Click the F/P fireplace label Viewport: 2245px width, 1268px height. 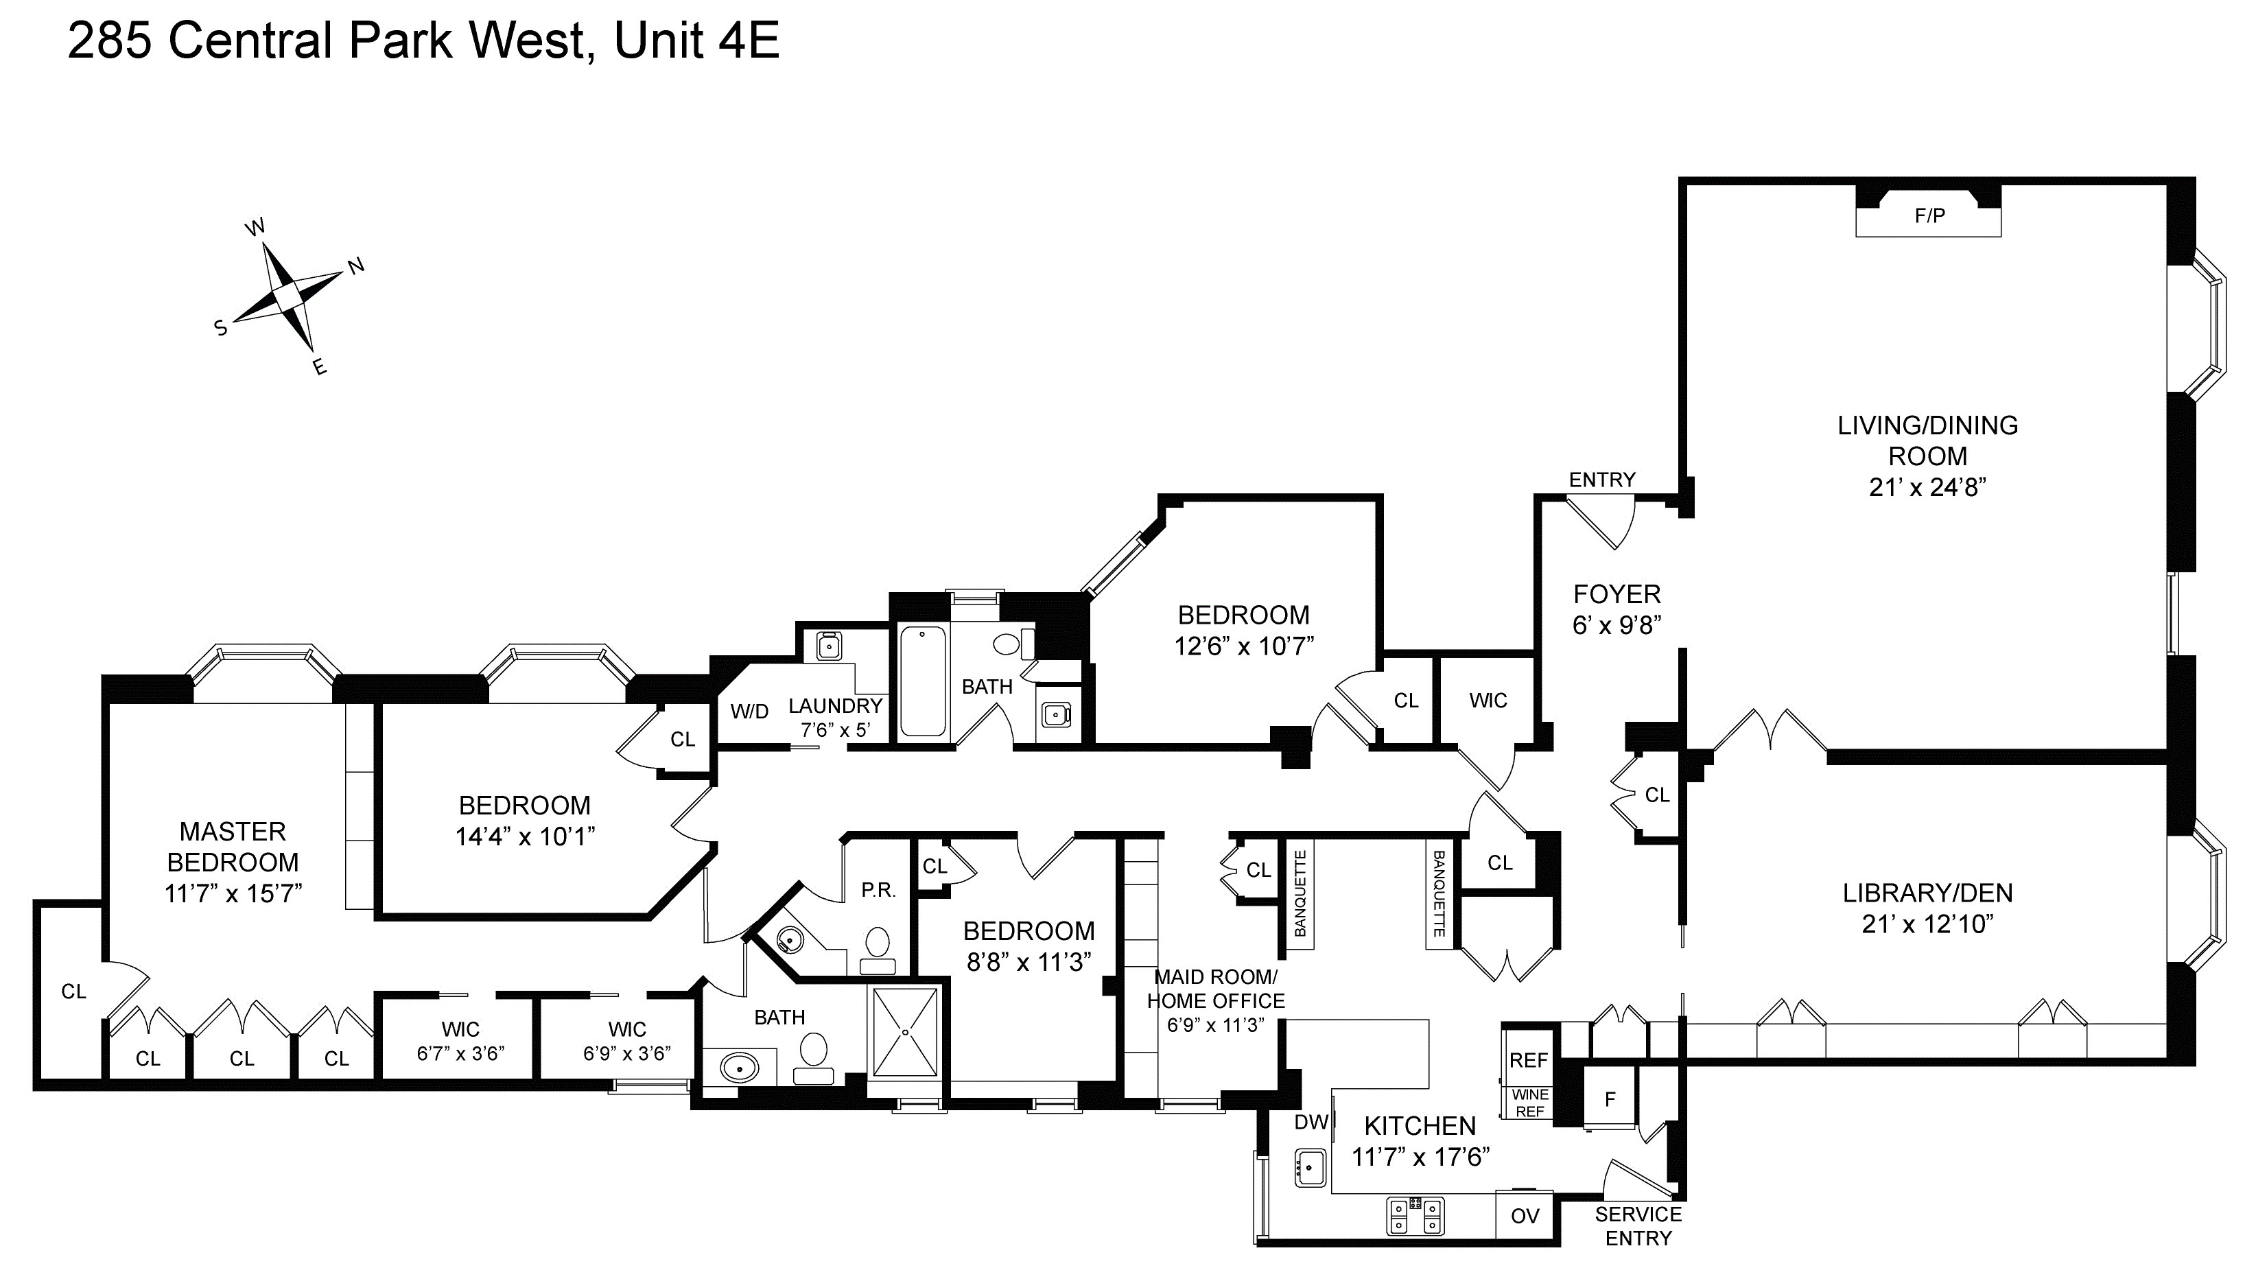tap(1929, 215)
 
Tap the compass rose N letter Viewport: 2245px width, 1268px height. tap(357, 266)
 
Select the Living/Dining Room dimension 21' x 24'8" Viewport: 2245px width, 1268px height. tap(1927, 487)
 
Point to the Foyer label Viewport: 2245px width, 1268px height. tap(1617, 594)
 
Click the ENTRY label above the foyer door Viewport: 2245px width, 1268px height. tap(1602, 480)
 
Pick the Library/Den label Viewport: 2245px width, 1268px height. tap(1927, 893)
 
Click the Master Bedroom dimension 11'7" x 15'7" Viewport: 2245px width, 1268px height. tap(233, 893)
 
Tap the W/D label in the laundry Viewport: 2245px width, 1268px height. tap(749, 711)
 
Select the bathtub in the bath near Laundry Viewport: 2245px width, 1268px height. tap(922, 681)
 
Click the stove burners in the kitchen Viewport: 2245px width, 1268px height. tap(1415, 1216)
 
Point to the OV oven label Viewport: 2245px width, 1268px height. tap(1525, 1216)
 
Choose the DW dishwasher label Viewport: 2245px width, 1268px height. tap(1310, 1123)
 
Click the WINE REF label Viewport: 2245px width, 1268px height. tap(1529, 1103)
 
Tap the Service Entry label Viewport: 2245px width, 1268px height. tap(1638, 1226)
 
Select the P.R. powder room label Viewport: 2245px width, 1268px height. tap(878, 891)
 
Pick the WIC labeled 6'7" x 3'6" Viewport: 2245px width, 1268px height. tap(460, 1042)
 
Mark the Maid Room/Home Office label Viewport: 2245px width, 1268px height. tap(1216, 989)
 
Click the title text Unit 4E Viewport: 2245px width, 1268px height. tap(696, 41)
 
